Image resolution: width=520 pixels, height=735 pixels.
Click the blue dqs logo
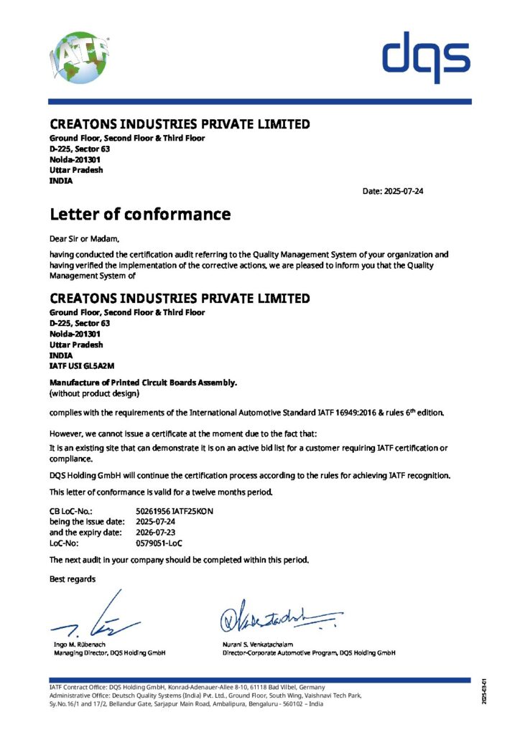(426, 57)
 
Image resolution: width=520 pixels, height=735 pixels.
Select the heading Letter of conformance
(140, 214)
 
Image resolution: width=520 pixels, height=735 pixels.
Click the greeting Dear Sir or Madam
(85, 238)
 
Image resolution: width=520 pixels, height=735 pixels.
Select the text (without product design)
(94, 393)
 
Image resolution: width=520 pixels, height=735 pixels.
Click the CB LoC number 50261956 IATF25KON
(175, 510)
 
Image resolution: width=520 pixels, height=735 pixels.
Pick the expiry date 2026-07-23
(159, 532)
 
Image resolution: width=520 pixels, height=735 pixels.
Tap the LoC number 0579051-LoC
(159, 543)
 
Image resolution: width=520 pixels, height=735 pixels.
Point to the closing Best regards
(72, 578)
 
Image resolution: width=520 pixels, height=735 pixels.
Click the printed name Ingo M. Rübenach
(78, 645)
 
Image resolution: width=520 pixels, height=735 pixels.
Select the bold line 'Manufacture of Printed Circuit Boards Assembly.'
(143, 383)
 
